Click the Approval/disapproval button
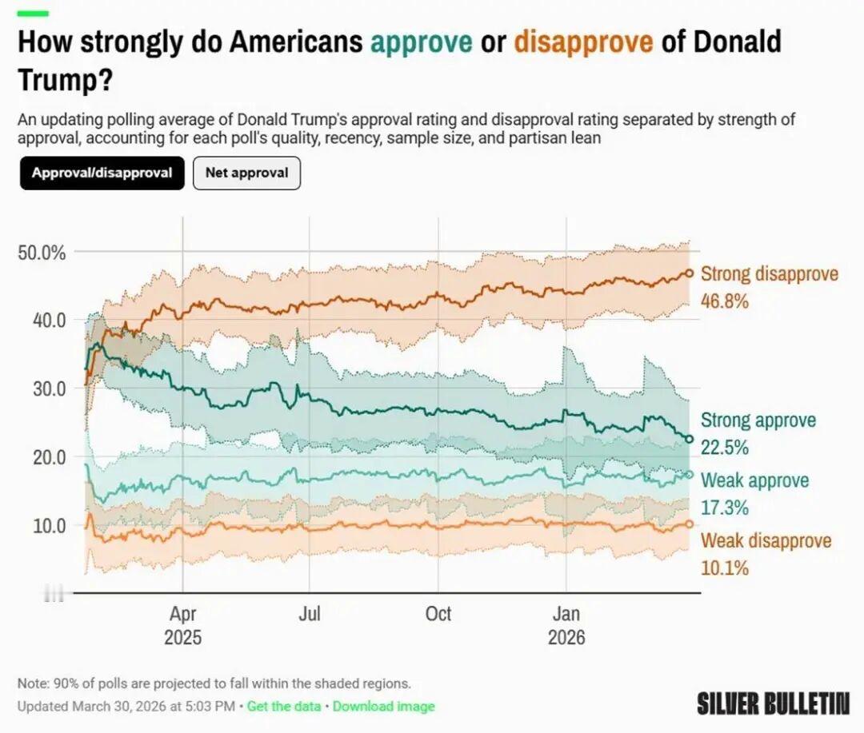[x=102, y=173]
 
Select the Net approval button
[x=246, y=173]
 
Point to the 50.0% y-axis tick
[x=41, y=253]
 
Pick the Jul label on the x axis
[x=310, y=614]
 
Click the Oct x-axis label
[x=438, y=614]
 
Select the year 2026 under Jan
[x=566, y=638]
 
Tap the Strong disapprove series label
[x=770, y=274]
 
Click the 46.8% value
[x=725, y=301]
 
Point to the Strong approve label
[x=758, y=420]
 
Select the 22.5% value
[x=725, y=448]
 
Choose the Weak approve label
[x=754, y=480]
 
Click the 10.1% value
[x=725, y=568]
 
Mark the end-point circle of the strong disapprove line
[x=689, y=273]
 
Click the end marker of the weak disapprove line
[x=689, y=524]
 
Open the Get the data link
[x=284, y=707]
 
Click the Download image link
[x=384, y=707]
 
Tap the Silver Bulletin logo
[x=772, y=703]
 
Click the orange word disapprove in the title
[x=583, y=42]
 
